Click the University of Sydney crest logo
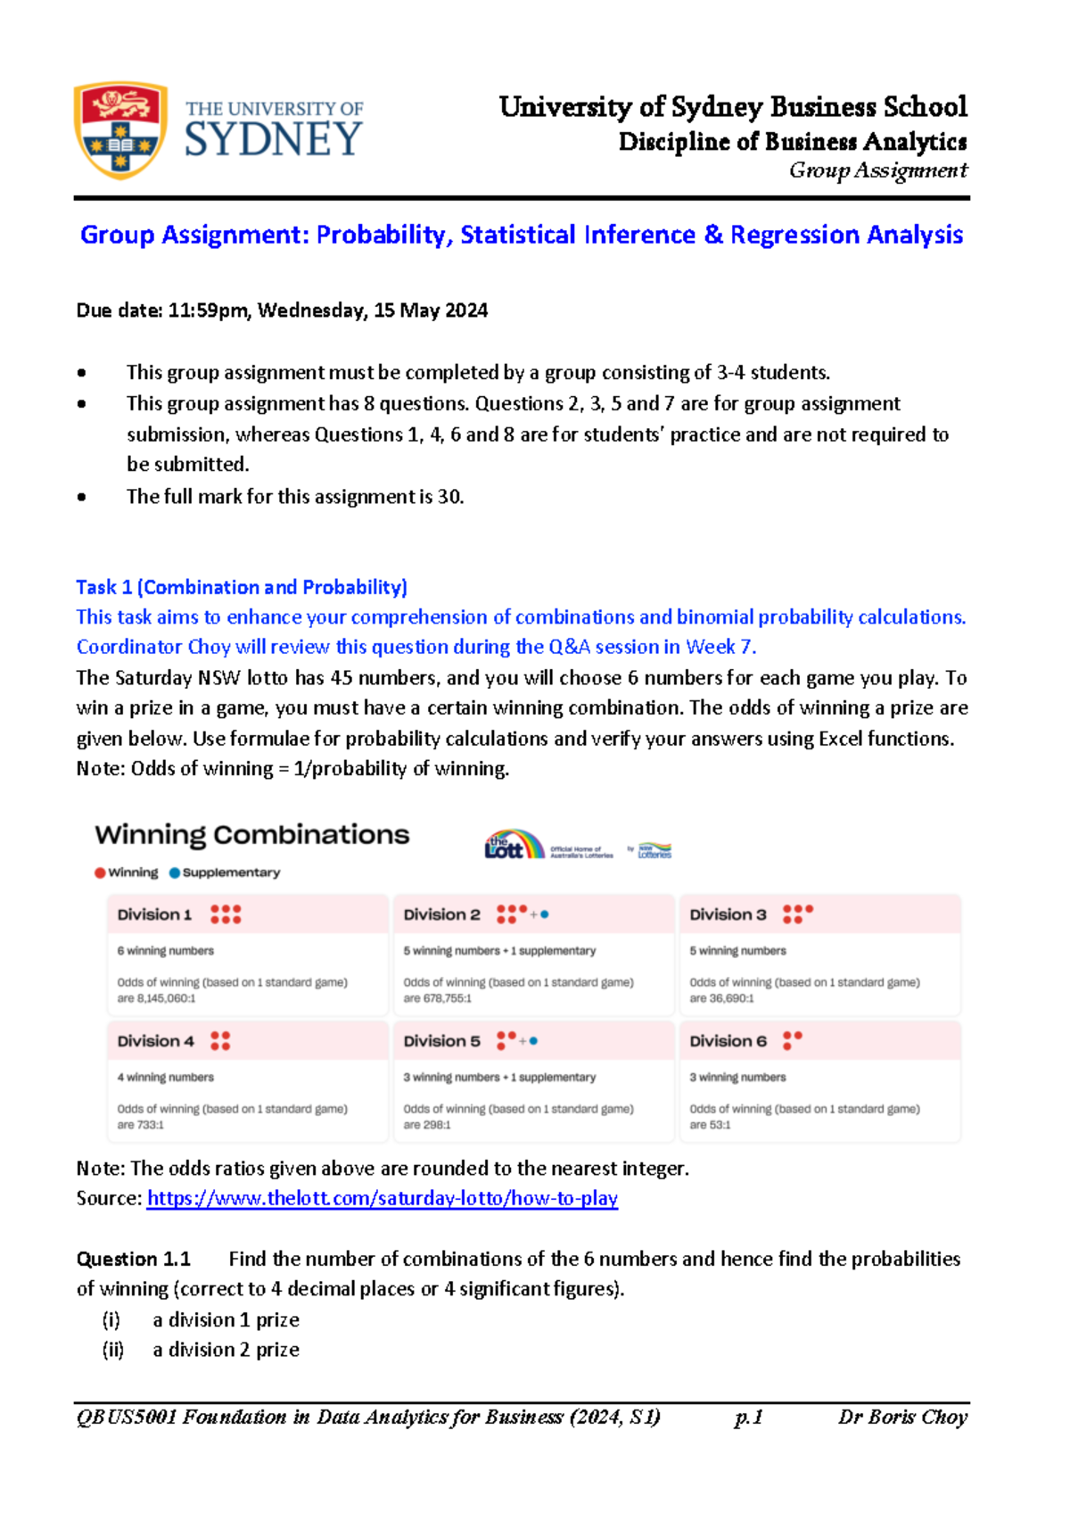coord(119,130)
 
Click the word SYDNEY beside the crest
coord(273,141)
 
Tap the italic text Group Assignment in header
coord(877,170)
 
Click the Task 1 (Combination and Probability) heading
coord(242,587)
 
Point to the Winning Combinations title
coord(252,835)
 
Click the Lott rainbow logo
coord(514,844)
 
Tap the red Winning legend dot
coord(100,872)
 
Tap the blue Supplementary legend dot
coord(175,872)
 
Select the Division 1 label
coord(154,914)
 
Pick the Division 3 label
coord(728,914)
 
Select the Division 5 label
coord(441,1041)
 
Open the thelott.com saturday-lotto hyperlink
coord(382,1198)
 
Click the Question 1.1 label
coord(134,1259)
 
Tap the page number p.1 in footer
coord(748,1417)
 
